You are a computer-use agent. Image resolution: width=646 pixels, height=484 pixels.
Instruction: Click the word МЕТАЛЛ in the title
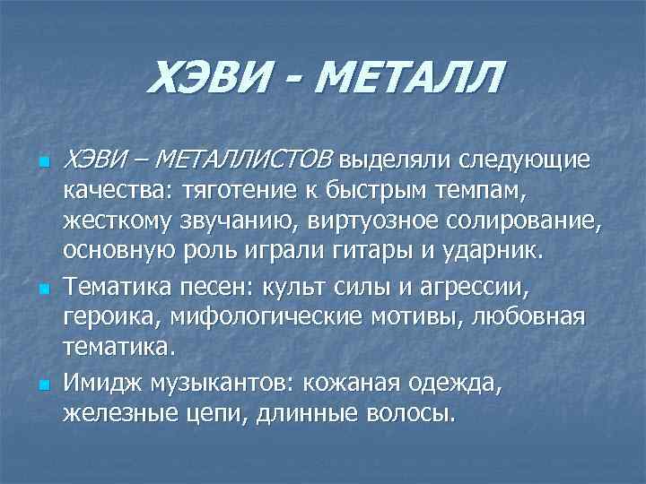pos(407,80)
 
